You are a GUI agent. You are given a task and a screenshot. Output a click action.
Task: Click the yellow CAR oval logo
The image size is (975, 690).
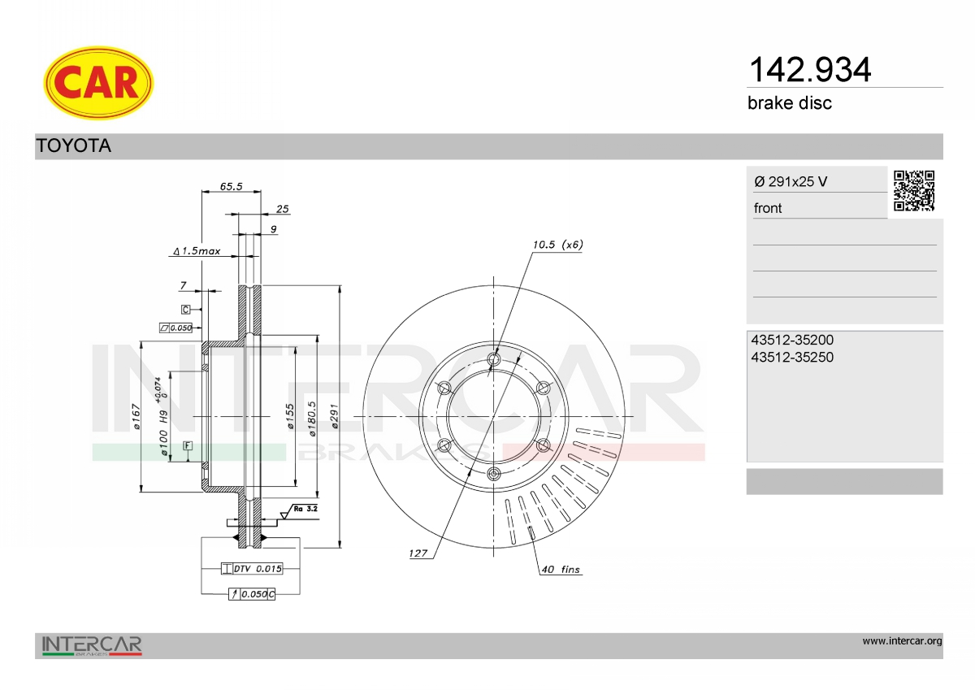tap(98, 83)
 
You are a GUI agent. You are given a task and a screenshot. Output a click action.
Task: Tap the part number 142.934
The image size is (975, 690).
tap(809, 70)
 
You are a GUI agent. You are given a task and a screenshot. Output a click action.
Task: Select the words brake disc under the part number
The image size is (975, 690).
tap(790, 103)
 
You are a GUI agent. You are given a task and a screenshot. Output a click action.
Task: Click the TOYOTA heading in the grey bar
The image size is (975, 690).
tap(74, 145)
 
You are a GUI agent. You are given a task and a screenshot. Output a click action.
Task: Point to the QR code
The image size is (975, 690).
tap(914, 191)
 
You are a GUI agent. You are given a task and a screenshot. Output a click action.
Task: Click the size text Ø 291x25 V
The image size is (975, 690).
tap(791, 181)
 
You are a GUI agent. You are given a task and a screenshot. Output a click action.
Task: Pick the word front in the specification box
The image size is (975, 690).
tap(768, 208)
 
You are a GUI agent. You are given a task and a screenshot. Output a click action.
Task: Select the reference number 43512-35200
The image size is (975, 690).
tap(792, 340)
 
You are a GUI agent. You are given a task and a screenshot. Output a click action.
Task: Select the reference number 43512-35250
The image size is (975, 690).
tap(792, 357)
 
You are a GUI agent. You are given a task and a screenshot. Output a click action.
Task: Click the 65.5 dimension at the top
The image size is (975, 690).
tap(231, 186)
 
